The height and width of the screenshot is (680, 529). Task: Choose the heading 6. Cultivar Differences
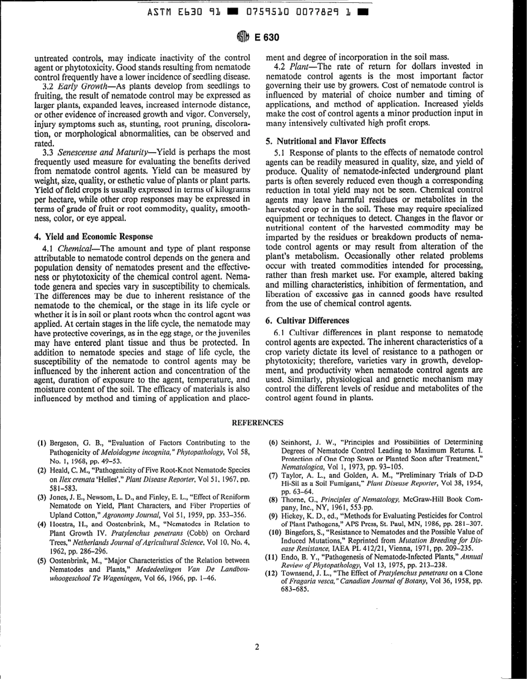307,321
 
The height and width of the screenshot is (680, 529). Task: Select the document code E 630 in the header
267,38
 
